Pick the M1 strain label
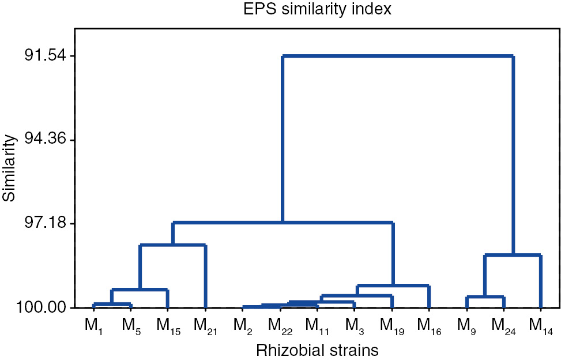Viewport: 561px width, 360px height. (x=93, y=326)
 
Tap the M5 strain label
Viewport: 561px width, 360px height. (x=131, y=326)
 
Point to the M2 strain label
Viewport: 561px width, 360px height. (x=243, y=326)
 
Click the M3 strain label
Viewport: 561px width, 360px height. (x=355, y=326)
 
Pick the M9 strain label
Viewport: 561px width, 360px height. (x=466, y=326)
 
